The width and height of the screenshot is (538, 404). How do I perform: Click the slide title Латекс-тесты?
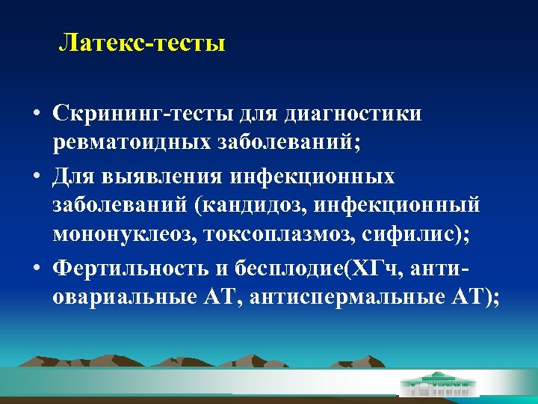pyautogui.click(x=142, y=43)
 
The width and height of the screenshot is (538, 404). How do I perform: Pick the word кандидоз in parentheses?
pyautogui.click(x=248, y=205)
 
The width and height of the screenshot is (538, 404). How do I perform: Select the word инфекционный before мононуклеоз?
pyautogui.click(x=406, y=205)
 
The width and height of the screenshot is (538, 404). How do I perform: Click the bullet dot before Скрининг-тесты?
pyautogui.click(x=36, y=115)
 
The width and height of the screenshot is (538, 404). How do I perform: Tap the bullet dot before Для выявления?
pyautogui.click(x=36, y=177)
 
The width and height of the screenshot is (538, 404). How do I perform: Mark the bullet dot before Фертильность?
pyautogui.click(x=36, y=268)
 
